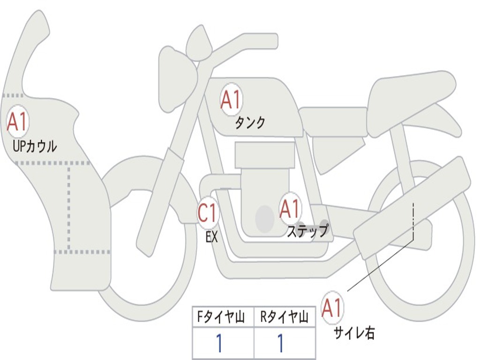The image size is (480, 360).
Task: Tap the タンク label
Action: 250,123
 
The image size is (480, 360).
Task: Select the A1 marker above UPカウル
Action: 18,121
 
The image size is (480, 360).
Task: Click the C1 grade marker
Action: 208,213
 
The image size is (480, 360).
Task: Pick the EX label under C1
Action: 212,237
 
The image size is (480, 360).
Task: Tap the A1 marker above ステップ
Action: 290,208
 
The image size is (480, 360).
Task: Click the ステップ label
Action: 307,232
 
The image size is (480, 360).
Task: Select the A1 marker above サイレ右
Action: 332,307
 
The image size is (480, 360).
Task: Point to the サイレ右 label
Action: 354,333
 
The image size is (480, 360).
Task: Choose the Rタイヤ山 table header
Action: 285,318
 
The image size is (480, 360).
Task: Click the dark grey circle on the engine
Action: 265,218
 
